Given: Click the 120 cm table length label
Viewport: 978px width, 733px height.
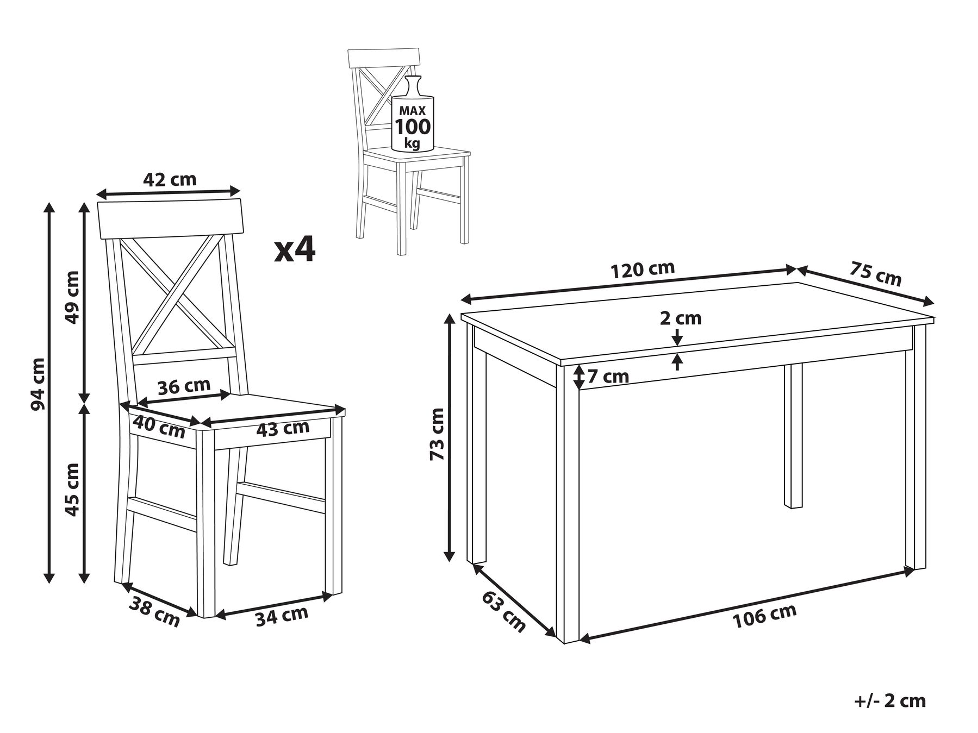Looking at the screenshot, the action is point(643,270).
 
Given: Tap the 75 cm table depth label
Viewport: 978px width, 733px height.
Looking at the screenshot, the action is point(875,274).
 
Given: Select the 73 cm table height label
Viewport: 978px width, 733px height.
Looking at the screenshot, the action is point(437,434).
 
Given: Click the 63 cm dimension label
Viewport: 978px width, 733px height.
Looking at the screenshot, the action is point(504,612).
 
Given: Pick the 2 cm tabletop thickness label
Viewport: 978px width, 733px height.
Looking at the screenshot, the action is point(681,318).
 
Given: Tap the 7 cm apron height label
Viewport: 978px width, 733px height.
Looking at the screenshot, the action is point(608,376).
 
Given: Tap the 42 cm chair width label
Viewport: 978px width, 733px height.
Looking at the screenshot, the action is point(169,179).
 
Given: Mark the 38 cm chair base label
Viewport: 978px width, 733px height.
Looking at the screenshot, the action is point(154,611).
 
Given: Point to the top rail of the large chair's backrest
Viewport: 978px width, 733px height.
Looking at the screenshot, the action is point(171,219).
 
